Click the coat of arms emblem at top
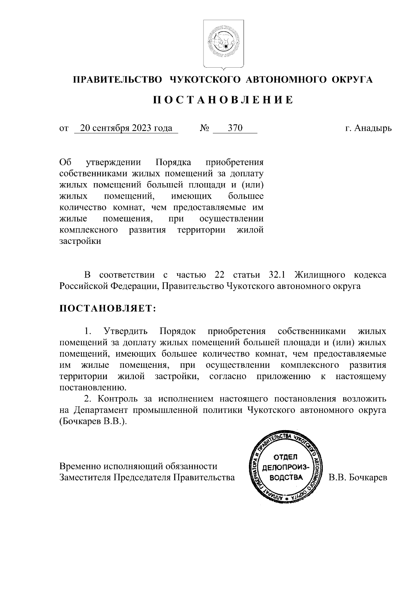224,44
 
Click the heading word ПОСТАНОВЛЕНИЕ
223,100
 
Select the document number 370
235,128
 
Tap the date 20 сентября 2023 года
126,128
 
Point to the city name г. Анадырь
368,128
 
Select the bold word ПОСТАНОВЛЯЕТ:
108,308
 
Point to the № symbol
204,128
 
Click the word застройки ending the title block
80,241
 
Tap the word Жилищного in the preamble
320,275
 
